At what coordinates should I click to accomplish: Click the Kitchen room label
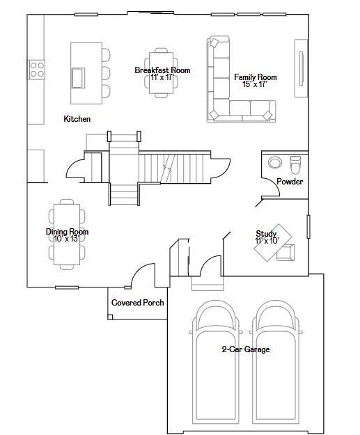pyautogui.click(x=77, y=119)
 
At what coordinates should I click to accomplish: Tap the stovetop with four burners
pyautogui.click(x=37, y=70)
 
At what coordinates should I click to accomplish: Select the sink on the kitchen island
pyautogui.click(x=78, y=78)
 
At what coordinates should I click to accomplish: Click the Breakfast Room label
pyautogui.click(x=162, y=70)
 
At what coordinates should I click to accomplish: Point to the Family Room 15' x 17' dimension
pyautogui.click(x=255, y=84)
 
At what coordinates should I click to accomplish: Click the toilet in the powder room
pyautogui.click(x=295, y=165)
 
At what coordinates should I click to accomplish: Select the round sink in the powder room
pyautogui.click(x=275, y=163)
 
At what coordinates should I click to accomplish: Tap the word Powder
pyautogui.click(x=290, y=182)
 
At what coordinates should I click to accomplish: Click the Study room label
pyautogui.click(x=266, y=234)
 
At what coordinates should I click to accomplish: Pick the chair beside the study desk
pyautogui.click(x=286, y=253)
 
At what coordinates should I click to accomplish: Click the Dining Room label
pyautogui.click(x=67, y=232)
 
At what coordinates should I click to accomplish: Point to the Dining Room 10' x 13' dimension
pyautogui.click(x=67, y=239)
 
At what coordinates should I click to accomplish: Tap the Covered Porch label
pyautogui.click(x=138, y=302)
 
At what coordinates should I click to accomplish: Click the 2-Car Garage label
pyautogui.click(x=246, y=349)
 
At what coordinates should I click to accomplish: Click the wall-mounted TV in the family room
pyautogui.click(x=301, y=68)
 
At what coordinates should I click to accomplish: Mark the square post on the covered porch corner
pyautogui.click(x=110, y=317)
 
